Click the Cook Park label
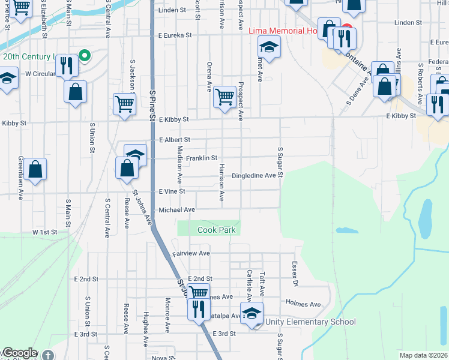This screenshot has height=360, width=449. pos(217,230)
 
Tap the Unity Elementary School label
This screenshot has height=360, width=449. pos(313,322)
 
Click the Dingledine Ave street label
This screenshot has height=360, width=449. pos(257,176)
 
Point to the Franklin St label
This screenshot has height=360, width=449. pos(200,158)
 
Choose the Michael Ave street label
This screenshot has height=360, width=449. pos(177,210)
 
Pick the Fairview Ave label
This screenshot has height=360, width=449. pos(191,254)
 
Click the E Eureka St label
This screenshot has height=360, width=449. pos(175,35)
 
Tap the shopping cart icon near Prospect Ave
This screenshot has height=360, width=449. pos(224,95)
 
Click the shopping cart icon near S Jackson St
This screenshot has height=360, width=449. pos(124,103)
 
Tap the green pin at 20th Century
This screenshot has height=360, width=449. pos(85,56)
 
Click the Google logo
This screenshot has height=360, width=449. pos(20,353)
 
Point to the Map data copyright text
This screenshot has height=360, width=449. pos(424,355)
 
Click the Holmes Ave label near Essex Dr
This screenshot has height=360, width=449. pos(303,304)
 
